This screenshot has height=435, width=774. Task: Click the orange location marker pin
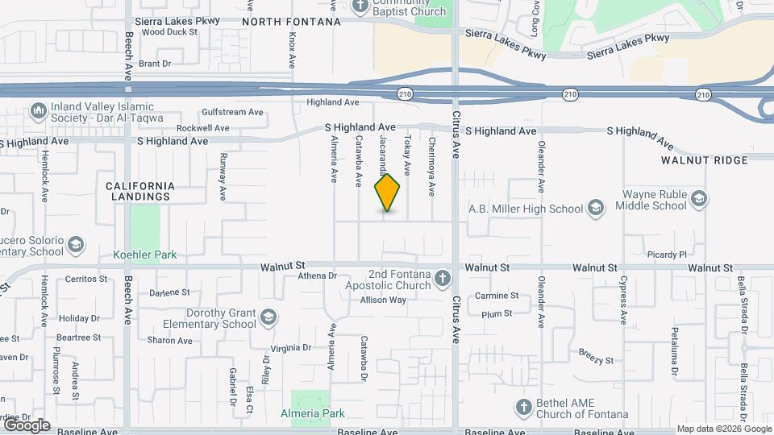(388, 193)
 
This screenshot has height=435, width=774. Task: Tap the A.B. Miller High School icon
(596, 208)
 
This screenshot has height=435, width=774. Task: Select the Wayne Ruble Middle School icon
(698, 199)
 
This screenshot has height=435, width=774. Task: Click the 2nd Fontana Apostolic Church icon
(442, 279)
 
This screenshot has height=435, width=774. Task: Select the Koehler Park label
(145, 255)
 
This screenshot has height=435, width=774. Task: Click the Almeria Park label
(313, 413)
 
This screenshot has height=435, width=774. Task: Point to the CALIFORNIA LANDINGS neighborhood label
(139, 191)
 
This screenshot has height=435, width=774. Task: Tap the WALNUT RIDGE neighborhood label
(705, 160)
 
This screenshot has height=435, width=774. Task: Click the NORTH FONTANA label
(291, 22)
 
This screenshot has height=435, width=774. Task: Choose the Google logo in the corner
(26, 425)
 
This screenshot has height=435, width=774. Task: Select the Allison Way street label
(383, 300)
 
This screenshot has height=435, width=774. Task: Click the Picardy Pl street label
(665, 255)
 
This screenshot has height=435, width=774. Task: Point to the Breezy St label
(596, 355)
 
